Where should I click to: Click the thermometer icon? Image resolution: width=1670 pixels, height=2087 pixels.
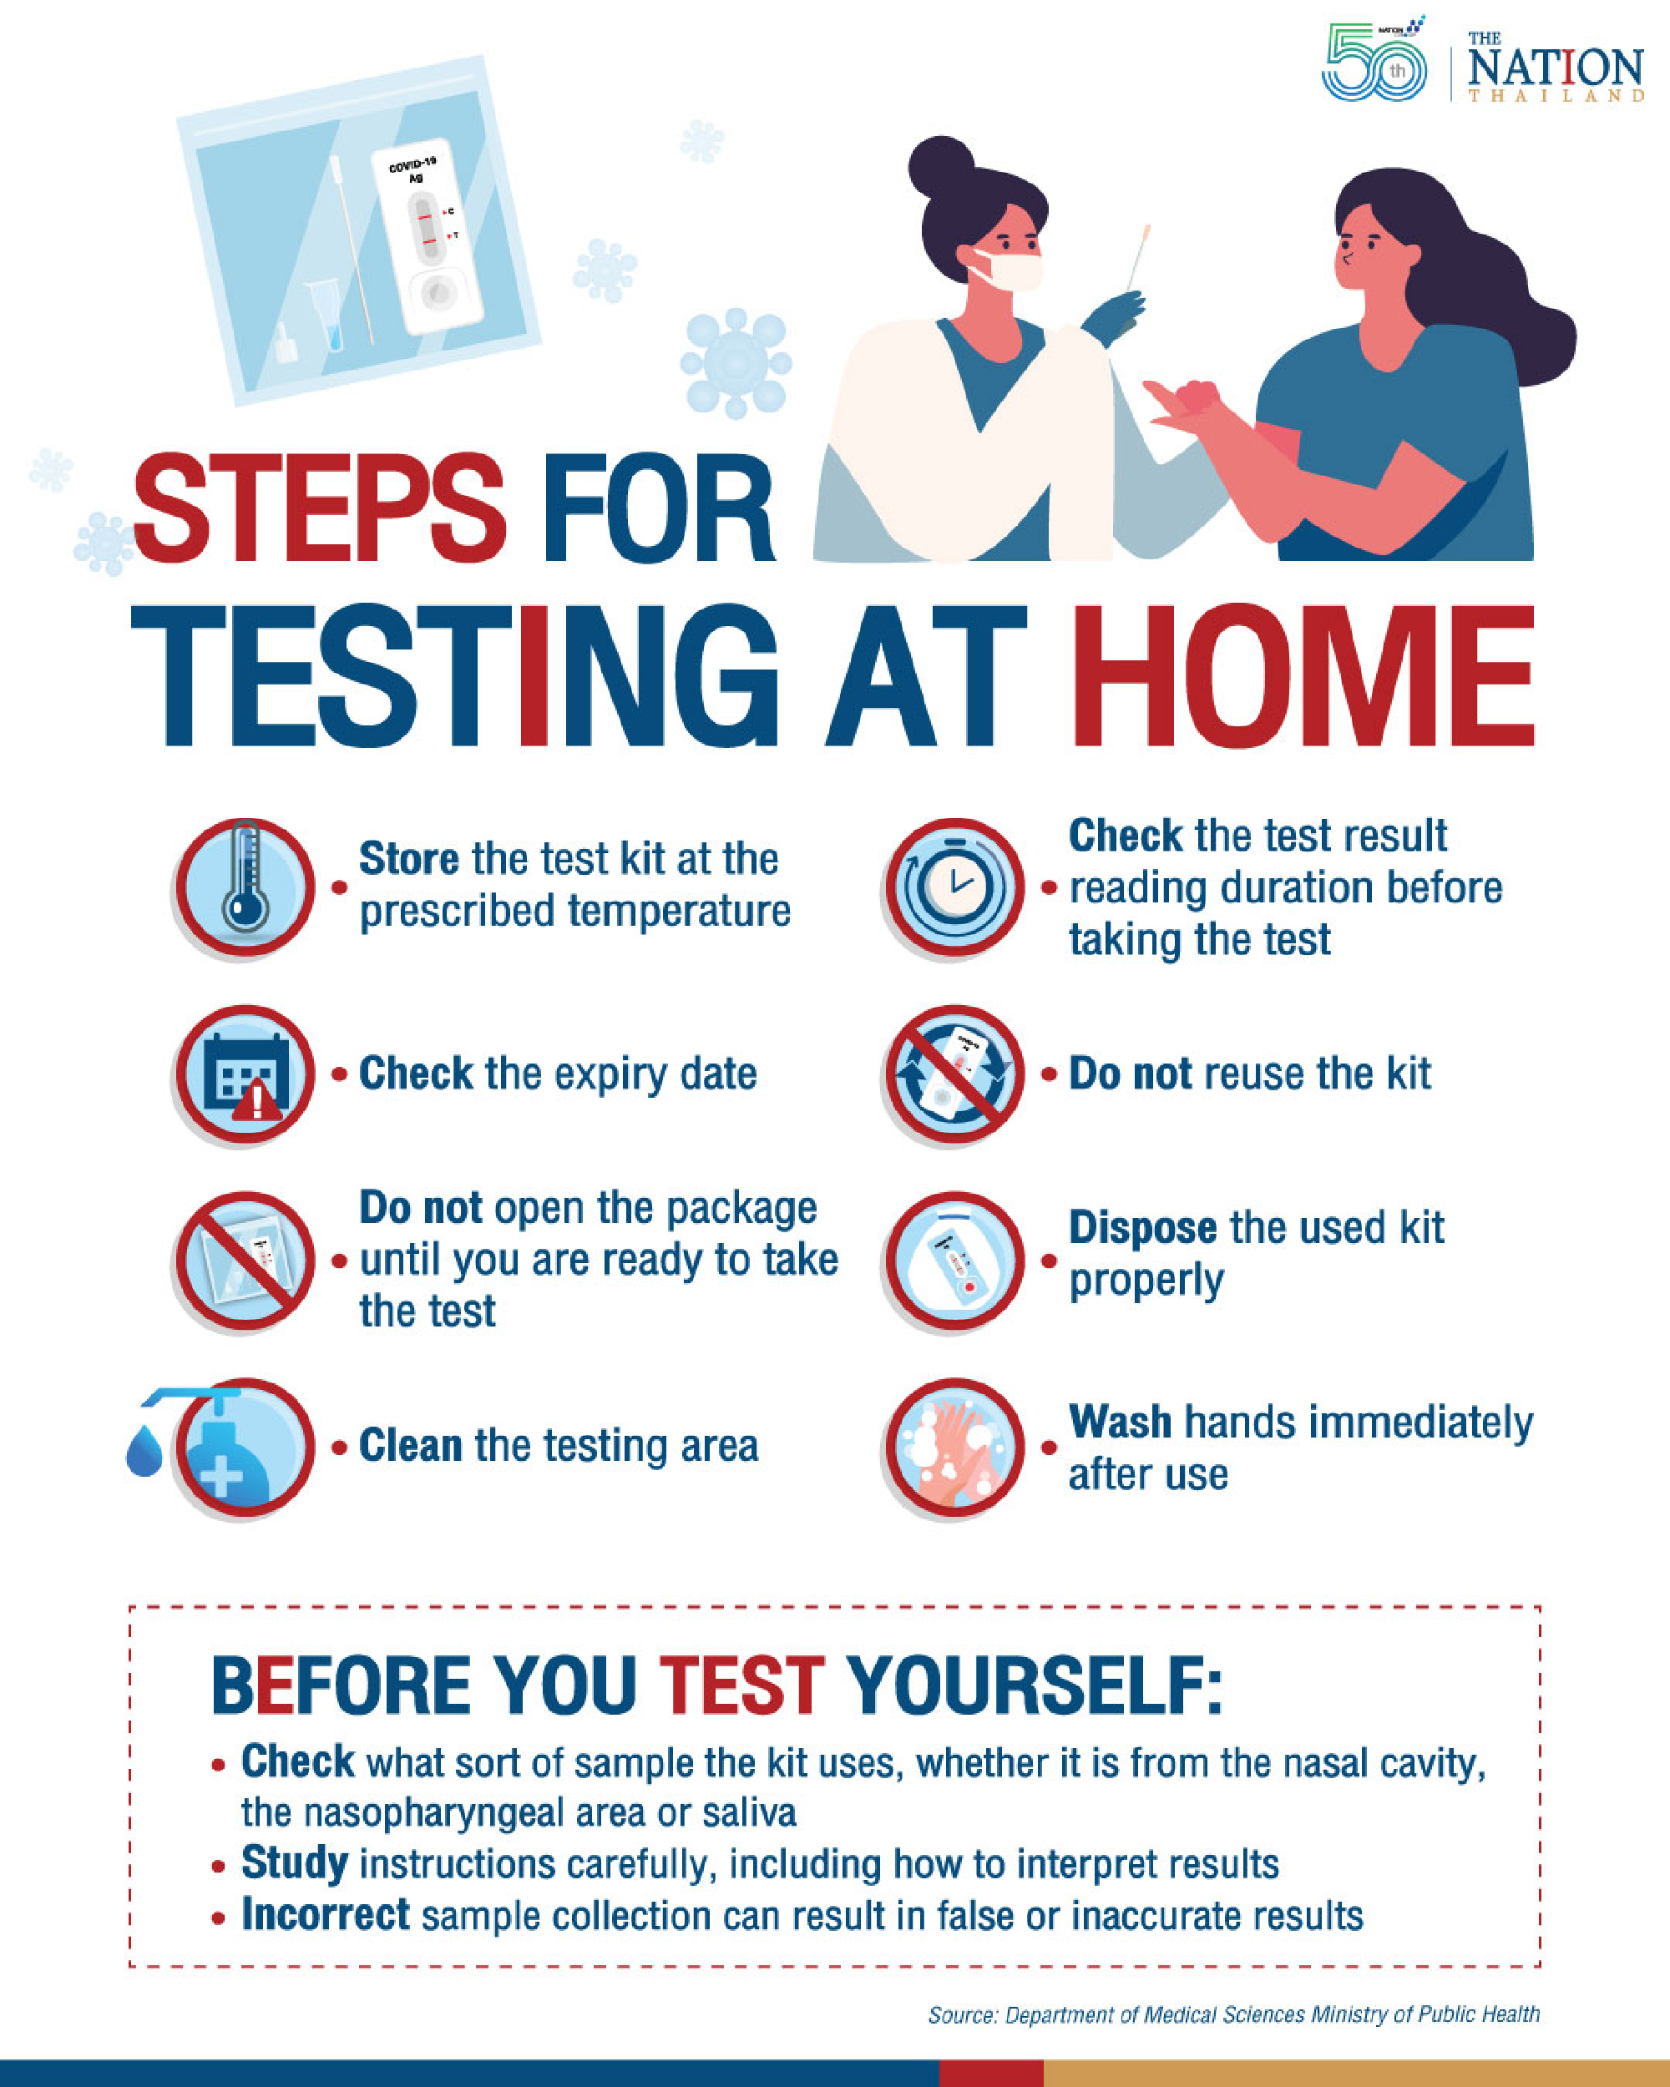(x=245, y=886)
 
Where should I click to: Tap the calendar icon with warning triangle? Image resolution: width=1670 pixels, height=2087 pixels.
(x=245, y=1074)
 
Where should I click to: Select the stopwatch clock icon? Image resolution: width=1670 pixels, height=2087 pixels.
(x=954, y=886)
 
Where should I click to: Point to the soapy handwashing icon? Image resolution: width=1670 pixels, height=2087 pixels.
(x=954, y=1448)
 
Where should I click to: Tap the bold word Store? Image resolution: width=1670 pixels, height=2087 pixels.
(x=408, y=859)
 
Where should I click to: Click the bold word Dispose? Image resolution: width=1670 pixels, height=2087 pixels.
(x=1142, y=1227)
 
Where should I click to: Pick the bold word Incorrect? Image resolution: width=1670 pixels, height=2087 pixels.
(x=326, y=1915)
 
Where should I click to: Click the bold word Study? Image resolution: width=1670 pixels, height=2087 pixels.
(x=294, y=1862)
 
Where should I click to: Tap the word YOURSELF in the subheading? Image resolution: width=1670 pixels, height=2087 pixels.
(x=1034, y=1686)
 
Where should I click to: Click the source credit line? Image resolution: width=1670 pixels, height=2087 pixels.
(x=1232, y=2014)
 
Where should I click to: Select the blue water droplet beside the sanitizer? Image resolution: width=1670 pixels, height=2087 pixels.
(x=144, y=1451)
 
